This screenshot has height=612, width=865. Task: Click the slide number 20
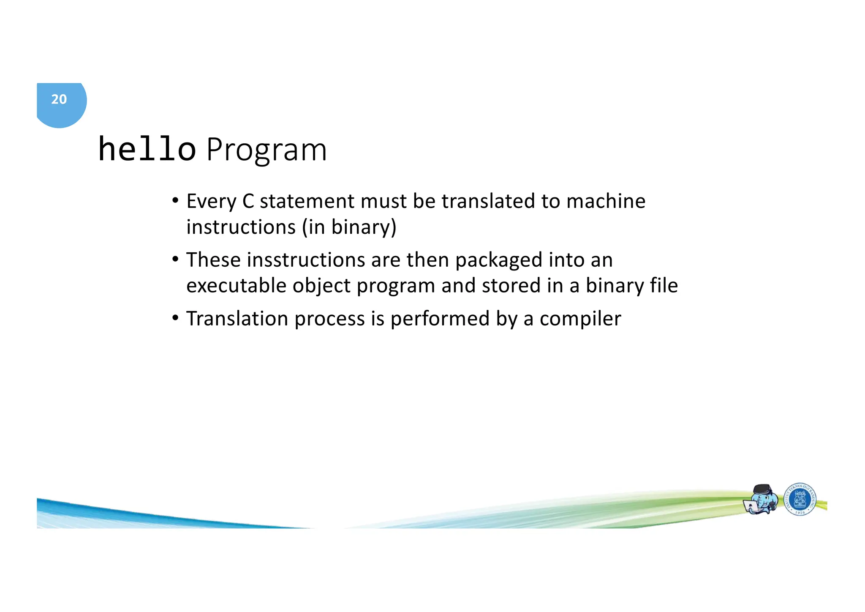(59, 99)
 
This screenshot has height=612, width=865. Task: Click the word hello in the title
(147, 150)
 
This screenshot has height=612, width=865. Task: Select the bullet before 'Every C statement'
(175, 200)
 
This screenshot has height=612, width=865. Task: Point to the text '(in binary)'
(349, 227)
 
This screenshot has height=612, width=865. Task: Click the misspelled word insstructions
(306, 260)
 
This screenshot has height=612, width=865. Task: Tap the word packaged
(498, 260)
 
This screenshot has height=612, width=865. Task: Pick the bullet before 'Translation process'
(175, 318)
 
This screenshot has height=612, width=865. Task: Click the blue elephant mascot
(762, 500)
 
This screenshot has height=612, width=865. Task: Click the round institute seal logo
(800, 500)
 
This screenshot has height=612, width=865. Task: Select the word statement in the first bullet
(307, 201)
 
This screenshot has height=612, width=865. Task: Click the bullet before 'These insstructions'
(175, 259)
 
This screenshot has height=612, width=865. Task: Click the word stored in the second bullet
(511, 286)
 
